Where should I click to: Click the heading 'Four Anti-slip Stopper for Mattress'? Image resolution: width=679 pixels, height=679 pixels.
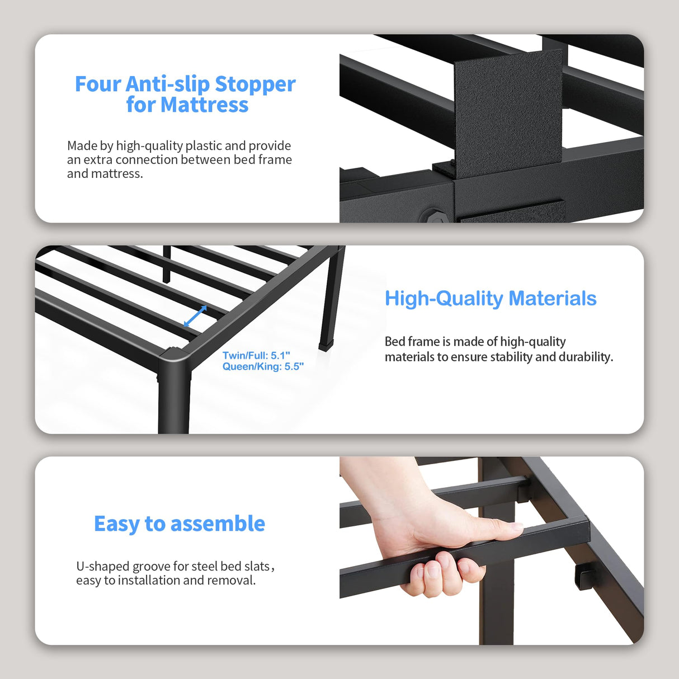[x=185, y=94]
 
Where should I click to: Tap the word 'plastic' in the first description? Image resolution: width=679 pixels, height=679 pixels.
[x=204, y=146]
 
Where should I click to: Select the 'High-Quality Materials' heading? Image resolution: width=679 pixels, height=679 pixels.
[x=491, y=299]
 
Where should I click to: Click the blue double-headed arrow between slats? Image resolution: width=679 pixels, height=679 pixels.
[x=195, y=317]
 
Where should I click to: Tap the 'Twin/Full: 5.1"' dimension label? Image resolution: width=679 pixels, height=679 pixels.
[x=256, y=356]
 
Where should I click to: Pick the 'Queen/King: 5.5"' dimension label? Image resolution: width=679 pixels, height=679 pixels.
[x=263, y=367]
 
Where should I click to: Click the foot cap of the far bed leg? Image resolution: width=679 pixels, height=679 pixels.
[x=324, y=345]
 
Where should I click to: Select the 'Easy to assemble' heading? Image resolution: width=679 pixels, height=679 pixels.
[x=179, y=524]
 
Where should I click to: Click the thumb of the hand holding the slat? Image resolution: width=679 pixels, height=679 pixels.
[x=492, y=527]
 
